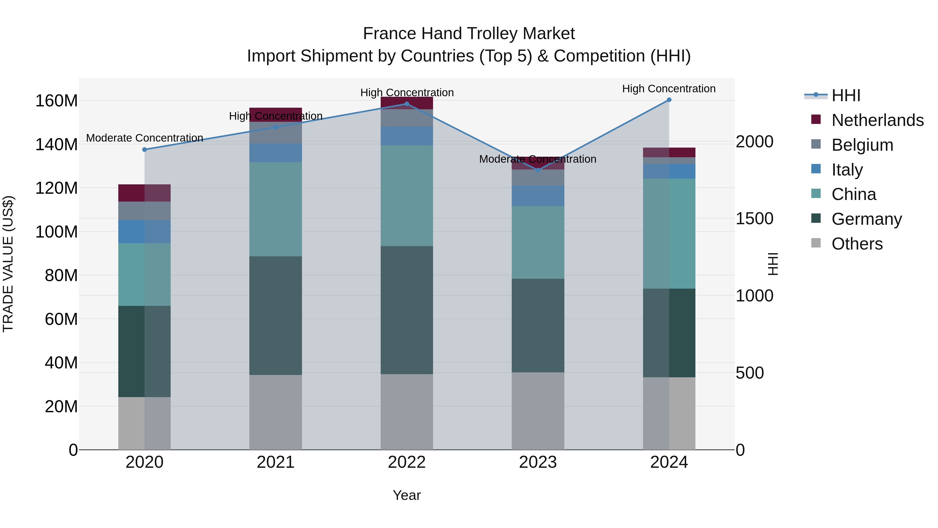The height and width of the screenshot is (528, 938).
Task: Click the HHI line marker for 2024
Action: click(x=669, y=100)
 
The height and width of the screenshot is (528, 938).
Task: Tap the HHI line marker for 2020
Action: click(x=145, y=149)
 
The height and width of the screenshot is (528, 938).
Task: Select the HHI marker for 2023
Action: click(x=538, y=170)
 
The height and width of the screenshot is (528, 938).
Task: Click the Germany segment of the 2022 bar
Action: click(x=407, y=310)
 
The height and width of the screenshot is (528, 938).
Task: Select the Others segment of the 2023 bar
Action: click(x=538, y=411)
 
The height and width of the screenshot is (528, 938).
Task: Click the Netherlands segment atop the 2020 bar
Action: click(x=145, y=193)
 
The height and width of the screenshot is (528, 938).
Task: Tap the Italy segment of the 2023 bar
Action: click(x=538, y=196)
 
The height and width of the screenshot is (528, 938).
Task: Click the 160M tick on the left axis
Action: click(x=57, y=101)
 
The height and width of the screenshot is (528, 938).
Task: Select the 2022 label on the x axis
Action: click(x=407, y=462)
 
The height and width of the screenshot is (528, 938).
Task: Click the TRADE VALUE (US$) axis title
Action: click(x=8, y=264)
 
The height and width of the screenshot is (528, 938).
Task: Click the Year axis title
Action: click(x=407, y=495)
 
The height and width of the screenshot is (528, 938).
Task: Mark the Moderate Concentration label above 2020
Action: click(x=145, y=138)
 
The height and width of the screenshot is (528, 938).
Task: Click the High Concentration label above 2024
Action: click(x=669, y=89)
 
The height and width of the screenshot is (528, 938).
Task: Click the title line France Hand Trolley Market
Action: click(x=469, y=34)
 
